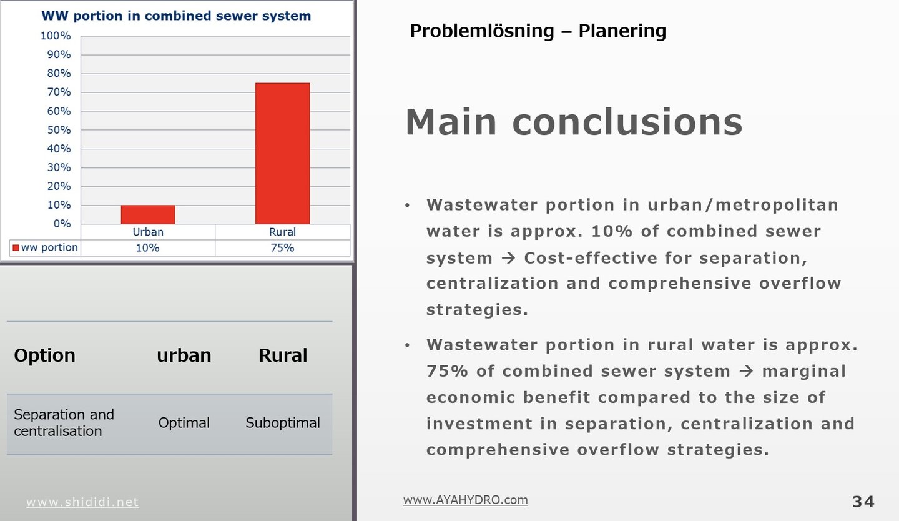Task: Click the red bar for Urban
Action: pyautogui.click(x=148, y=214)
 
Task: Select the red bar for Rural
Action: pyautogui.click(x=283, y=154)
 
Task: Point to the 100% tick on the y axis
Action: pyautogui.click(x=56, y=36)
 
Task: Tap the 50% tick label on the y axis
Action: pyautogui.click(x=59, y=130)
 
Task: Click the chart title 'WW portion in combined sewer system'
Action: pyautogui.click(x=176, y=16)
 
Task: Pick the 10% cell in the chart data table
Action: pyautogui.click(x=148, y=247)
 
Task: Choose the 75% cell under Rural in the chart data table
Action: pyautogui.click(x=282, y=247)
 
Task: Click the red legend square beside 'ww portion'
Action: pyautogui.click(x=16, y=247)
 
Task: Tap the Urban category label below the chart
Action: pyautogui.click(x=148, y=232)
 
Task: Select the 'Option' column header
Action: pyautogui.click(x=44, y=355)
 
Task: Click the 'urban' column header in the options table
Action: pyautogui.click(x=184, y=355)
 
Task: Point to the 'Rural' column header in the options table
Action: pyautogui.click(x=283, y=355)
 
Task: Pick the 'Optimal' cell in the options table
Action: pyautogui.click(x=184, y=422)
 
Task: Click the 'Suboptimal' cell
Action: pyautogui.click(x=283, y=422)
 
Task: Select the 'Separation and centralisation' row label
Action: pyautogui.click(x=64, y=422)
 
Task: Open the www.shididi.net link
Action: pyautogui.click(x=82, y=502)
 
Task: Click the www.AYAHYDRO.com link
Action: pyautogui.click(x=466, y=500)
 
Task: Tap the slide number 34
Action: pyautogui.click(x=863, y=502)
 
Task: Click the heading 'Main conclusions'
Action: pyautogui.click(x=574, y=122)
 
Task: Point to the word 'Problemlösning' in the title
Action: pyautogui.click(x=481, y=31)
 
